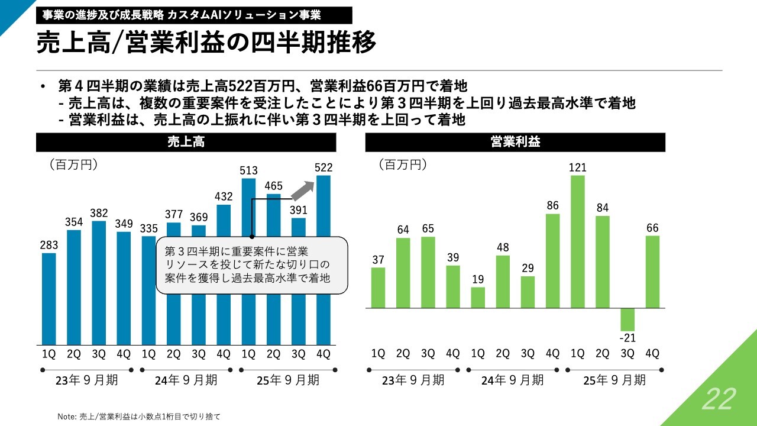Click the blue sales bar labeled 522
click(323, 260)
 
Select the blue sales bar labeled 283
click(49, 299)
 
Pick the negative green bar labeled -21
click(627, 319)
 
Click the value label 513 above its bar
click(249, 170)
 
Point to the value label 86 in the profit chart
click(552, 206)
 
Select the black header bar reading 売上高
click(186, 143)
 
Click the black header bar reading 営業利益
click(515, 143)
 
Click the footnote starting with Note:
click(139, 417)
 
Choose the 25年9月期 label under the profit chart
click(615, 380)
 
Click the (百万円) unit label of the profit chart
click(402, 164)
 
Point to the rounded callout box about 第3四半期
click(251, 264)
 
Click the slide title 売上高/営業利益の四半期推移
click(206, 44)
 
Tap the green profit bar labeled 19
click(478, 298)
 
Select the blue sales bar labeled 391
click(299, 281)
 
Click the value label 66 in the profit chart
click(652, 228)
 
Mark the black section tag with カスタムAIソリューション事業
click(194, 15)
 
